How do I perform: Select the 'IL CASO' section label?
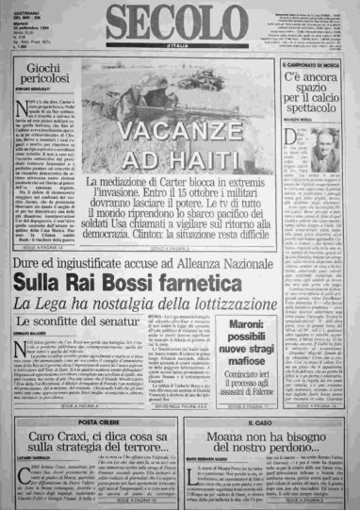[269, 398]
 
